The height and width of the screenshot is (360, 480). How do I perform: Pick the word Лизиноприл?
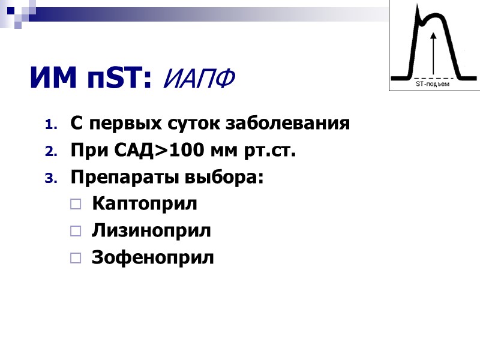tap(151, 230)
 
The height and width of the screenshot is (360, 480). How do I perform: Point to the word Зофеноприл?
tap(152, 257)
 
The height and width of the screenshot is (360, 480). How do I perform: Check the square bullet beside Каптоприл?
tap(75, 205)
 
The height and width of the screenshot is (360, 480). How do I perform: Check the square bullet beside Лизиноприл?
tap(75, 231)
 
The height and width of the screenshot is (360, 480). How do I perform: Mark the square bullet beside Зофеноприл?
tap(75, 258)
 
